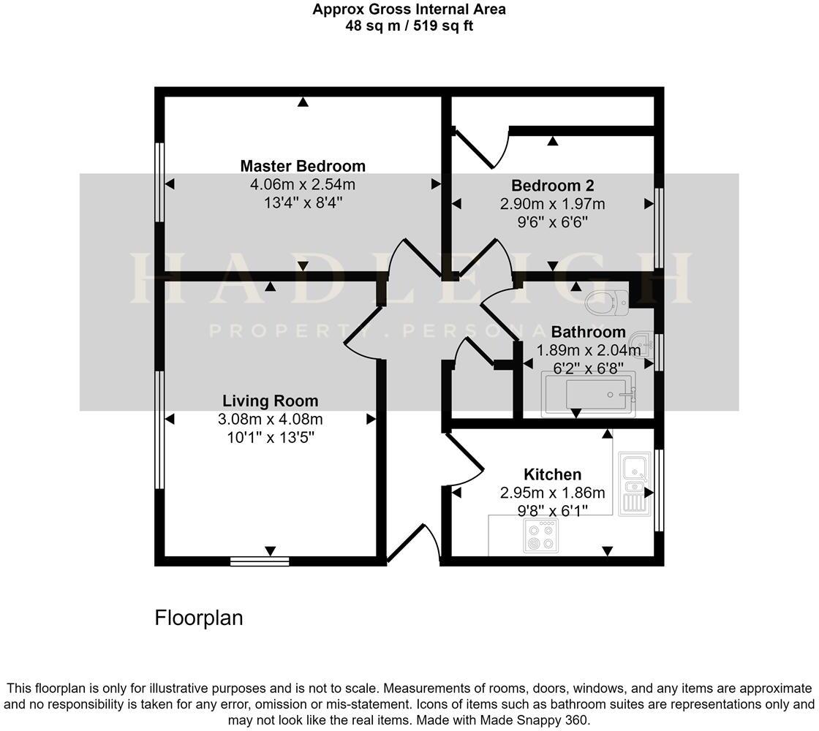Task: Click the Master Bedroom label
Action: [x=303, y=166]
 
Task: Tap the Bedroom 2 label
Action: [x=552, y=185]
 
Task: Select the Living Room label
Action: [x=270, y=401]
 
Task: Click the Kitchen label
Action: [x=552, y=474]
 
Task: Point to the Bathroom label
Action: [x=588, y=332]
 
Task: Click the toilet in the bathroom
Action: [x=608, y=300]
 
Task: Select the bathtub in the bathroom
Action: [x=588, y=395]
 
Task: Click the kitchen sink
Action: [x=633, y=482]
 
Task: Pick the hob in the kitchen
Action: [x=540, y=537]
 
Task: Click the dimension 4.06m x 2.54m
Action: [x=303, y=184]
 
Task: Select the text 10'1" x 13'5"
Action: [x=270, y=437]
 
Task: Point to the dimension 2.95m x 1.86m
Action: [x=552, y=493]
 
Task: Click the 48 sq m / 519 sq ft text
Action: [x=409, y=26]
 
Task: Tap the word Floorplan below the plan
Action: [x=198, y=618]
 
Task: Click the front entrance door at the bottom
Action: [x=413, y=545]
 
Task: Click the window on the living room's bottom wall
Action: [x=260, y=561]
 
